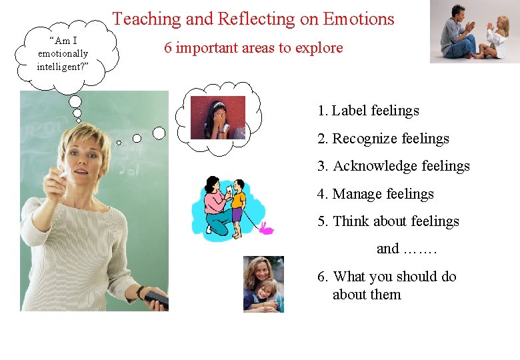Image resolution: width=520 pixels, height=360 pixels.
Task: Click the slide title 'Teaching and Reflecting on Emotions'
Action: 253,19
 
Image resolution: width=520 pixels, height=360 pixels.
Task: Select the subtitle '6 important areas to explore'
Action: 253,48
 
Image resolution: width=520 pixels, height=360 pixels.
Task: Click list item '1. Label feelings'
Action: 369,111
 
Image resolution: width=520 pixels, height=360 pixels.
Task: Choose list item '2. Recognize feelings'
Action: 383,139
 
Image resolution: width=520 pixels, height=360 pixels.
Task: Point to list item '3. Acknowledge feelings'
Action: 393,166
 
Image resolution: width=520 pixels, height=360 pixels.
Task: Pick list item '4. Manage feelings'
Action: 375,194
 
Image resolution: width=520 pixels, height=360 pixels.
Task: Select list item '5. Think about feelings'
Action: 388,221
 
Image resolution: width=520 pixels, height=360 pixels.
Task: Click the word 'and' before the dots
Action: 387,249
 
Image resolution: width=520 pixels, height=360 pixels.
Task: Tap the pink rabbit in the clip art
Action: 266,229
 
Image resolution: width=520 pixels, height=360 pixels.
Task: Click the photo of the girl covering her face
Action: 218,117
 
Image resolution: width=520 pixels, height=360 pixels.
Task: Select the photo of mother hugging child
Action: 263,284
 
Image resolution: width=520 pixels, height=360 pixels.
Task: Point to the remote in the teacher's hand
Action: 157,300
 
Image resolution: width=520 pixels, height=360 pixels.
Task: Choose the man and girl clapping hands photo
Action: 474,32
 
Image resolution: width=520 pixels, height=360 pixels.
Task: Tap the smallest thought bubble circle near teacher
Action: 119,142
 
